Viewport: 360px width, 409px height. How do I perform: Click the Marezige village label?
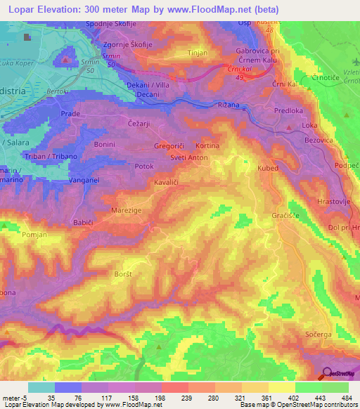(x=127, y=209)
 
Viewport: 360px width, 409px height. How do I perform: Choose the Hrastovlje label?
(x=335, y=200)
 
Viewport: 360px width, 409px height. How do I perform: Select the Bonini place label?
(x=104, y=143)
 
